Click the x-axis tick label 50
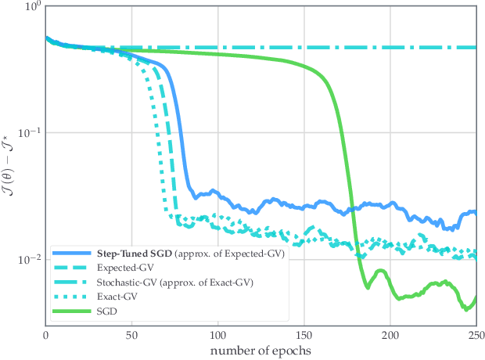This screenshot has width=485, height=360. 131,333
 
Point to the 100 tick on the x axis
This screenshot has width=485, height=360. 217,333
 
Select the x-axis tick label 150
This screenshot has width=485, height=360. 304,333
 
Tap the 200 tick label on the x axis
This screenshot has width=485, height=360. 390,333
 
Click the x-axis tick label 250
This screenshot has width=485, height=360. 475,333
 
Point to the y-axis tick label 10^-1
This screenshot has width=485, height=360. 29,132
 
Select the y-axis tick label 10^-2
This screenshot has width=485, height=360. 29,259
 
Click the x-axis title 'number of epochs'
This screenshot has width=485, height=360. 260,349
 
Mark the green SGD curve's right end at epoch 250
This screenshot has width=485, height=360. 475,297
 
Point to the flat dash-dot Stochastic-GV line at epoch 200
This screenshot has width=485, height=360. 390,48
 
